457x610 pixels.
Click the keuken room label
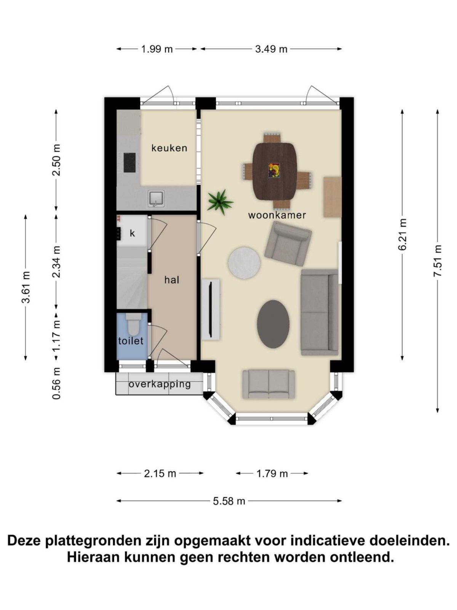(169, 148)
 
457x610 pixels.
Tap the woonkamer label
(277, 215)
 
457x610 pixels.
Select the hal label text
(172, 280)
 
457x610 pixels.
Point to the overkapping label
(160, 384)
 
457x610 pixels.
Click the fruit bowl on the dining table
(274, 170)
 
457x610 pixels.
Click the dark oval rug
(273, 323)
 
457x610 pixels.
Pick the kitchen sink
(157, 199)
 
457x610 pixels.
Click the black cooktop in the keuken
(129, 162)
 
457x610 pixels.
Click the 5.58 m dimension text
(229, 501)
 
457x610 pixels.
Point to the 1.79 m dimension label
(272, 474)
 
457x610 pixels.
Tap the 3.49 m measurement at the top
(271, 49)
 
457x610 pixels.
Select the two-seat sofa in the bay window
(269, 384)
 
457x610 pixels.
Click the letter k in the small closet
(132, 233)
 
